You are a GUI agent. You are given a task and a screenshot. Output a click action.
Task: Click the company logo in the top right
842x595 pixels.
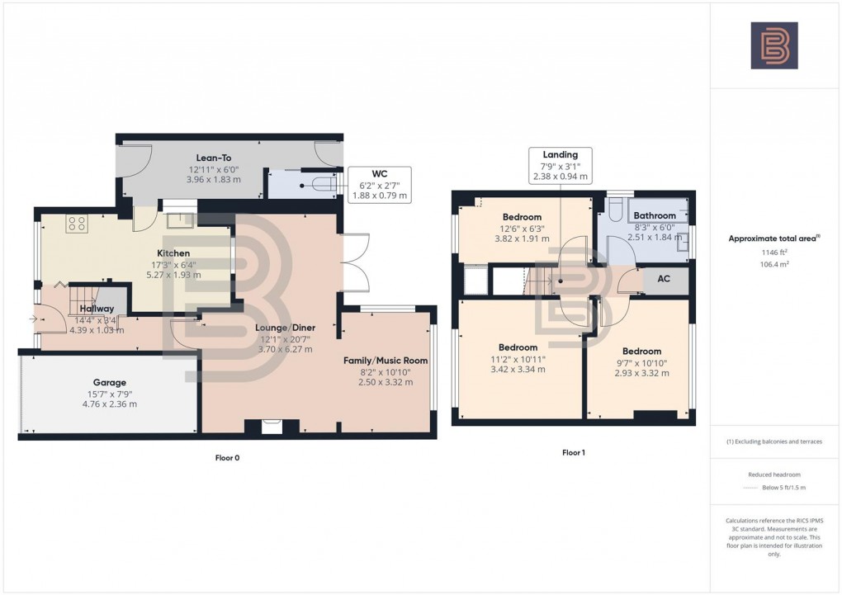click(774, 45)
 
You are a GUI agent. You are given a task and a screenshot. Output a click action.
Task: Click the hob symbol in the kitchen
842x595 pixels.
click(77, 222)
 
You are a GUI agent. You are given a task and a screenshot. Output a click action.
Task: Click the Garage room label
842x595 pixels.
click(109, 382)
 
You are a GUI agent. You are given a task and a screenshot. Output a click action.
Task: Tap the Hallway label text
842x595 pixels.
click(97, 309)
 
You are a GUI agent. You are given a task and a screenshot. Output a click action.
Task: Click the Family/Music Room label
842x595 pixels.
click(385, 360)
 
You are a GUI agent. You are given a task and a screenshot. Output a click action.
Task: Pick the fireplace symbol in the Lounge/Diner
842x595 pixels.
click(270, 427)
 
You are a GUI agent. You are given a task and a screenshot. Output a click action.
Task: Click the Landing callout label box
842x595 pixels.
click(560, 165)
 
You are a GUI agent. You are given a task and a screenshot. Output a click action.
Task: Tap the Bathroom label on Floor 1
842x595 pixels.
click(655, 216)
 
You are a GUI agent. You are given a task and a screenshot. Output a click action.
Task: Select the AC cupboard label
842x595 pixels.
click(664, 279)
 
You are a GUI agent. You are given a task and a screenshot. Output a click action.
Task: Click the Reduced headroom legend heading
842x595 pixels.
click(773, 475)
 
